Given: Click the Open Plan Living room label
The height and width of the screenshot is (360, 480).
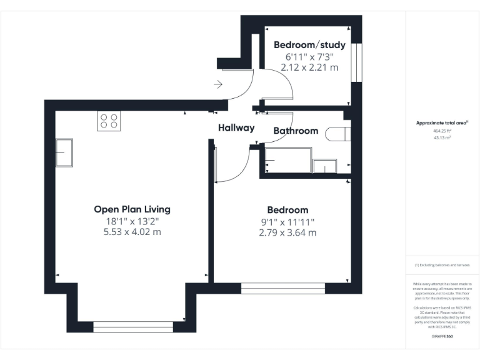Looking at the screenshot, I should (x=132, y=209).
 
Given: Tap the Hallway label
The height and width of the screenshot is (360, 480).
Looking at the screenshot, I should (x=236, y=128).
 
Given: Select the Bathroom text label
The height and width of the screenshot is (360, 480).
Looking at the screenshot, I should (x=296, y=131).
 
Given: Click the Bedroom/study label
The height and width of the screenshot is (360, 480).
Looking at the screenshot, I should (x=309, y=45).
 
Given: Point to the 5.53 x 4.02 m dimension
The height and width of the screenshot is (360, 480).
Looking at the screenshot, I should (x=132, y=232).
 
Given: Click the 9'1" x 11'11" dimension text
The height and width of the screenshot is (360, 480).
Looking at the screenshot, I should (x=287, y=222).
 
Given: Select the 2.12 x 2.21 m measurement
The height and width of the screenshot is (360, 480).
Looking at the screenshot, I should (x=309, y=67).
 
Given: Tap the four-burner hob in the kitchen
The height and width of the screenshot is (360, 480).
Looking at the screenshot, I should (x=108, y=121).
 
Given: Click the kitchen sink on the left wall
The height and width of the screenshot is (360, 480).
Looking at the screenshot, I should (x=64, y=153).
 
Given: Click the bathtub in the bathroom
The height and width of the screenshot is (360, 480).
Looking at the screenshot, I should (x=288, y=161).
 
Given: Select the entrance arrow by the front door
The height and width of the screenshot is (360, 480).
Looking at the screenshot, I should (x=218, y=84).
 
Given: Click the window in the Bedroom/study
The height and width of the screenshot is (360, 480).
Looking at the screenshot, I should (x=356, y=62).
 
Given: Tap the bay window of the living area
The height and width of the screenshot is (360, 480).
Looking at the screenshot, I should (x=133, y=326).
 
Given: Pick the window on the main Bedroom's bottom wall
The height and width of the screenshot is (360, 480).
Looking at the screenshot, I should (x=282, y=288).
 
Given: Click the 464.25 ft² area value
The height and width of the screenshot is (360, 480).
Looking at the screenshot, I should (x=442, y=131).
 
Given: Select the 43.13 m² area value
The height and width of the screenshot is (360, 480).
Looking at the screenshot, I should (x=442, y=138).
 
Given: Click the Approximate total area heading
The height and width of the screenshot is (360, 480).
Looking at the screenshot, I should (x=442, y=123).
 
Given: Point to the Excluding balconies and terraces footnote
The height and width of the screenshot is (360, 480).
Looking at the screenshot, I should (x=442, y=265).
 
